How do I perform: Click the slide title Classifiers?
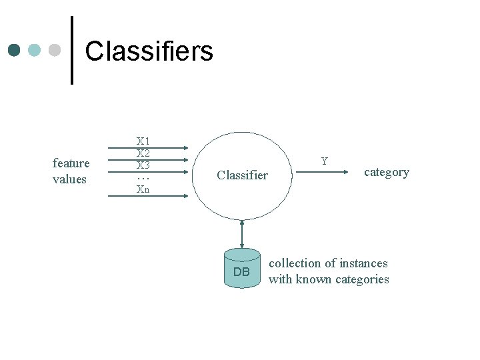pyautogui.click(x=149, y=51)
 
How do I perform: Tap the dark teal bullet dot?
pyautogui.click(x=15, y=51)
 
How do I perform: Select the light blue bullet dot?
pyautogui.click(x=35, y=51)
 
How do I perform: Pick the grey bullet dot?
pyautogui.click(x=55, y=51)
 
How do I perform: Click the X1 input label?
pyautogui.click(x=143, y=141)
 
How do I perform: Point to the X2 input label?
pyautogui.click(x=143, y=153)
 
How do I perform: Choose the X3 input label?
pyautogui.click(x=143, y=165)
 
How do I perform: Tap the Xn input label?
pyautogui.click(x=143, y=189)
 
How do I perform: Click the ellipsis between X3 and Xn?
pyautogui.click(x=143, y=178)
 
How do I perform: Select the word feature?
pyautogui.click(x=71, y=163)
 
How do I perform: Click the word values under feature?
pyautogui.click(x=69, y=179)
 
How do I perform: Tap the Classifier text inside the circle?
pyautogui.click(x=242, y=175)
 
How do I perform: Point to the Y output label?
pyautogui.click(x=324, y=161)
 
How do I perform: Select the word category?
pyautogui.click(x=386, y=172)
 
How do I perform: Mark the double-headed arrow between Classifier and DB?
pyautogui.click(x=242, y=233)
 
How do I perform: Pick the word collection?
pyautogui.click(x=295, y=263)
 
